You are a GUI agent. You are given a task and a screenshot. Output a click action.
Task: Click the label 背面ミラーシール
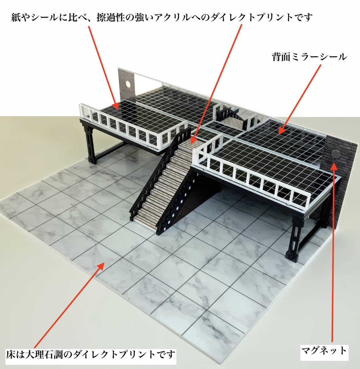click(309, 57)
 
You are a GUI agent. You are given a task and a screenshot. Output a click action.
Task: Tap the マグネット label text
click(324, 350)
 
